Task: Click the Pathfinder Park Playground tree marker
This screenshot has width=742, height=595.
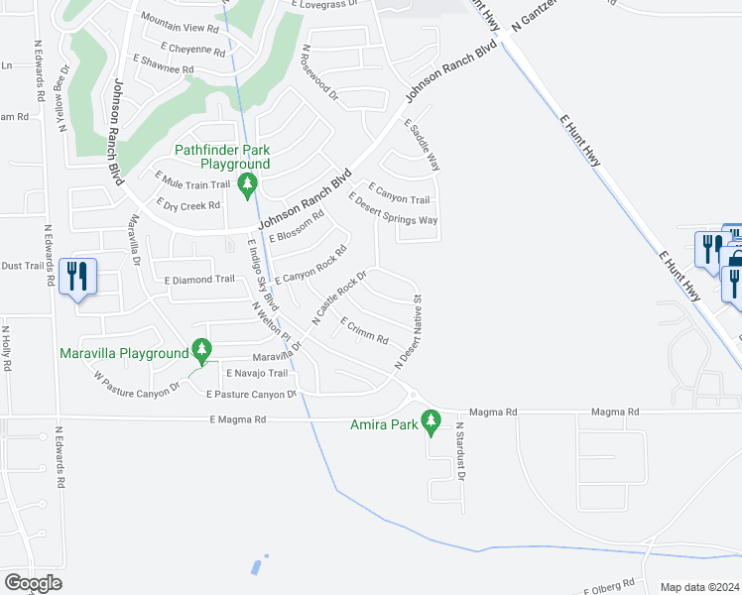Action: tap(247, 183)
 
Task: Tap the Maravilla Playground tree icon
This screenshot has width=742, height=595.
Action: tap(201, 350)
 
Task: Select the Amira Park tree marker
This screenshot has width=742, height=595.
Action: tap(431, 421)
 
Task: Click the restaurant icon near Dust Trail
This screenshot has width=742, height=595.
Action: tap(76, 275)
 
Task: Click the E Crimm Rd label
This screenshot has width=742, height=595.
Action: tap(364, 331)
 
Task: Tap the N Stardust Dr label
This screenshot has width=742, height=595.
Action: tap(460, 450)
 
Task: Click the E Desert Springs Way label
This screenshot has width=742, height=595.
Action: tap(394, 207)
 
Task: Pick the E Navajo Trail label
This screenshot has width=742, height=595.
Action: tap(256, 373)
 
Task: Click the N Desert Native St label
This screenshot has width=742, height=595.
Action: tap(409, 331)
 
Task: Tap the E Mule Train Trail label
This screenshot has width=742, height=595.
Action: tap(192, 183)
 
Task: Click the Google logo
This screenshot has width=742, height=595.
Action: tap(32, 583)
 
